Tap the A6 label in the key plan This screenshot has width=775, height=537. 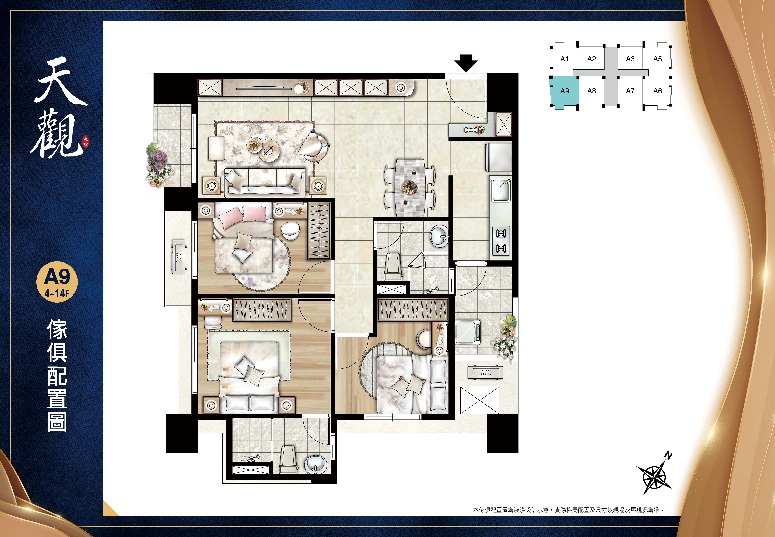[x=658, y=91]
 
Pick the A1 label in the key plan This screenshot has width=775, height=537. [x=564, y=59]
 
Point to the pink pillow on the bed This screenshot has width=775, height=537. [x=254, y=214]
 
